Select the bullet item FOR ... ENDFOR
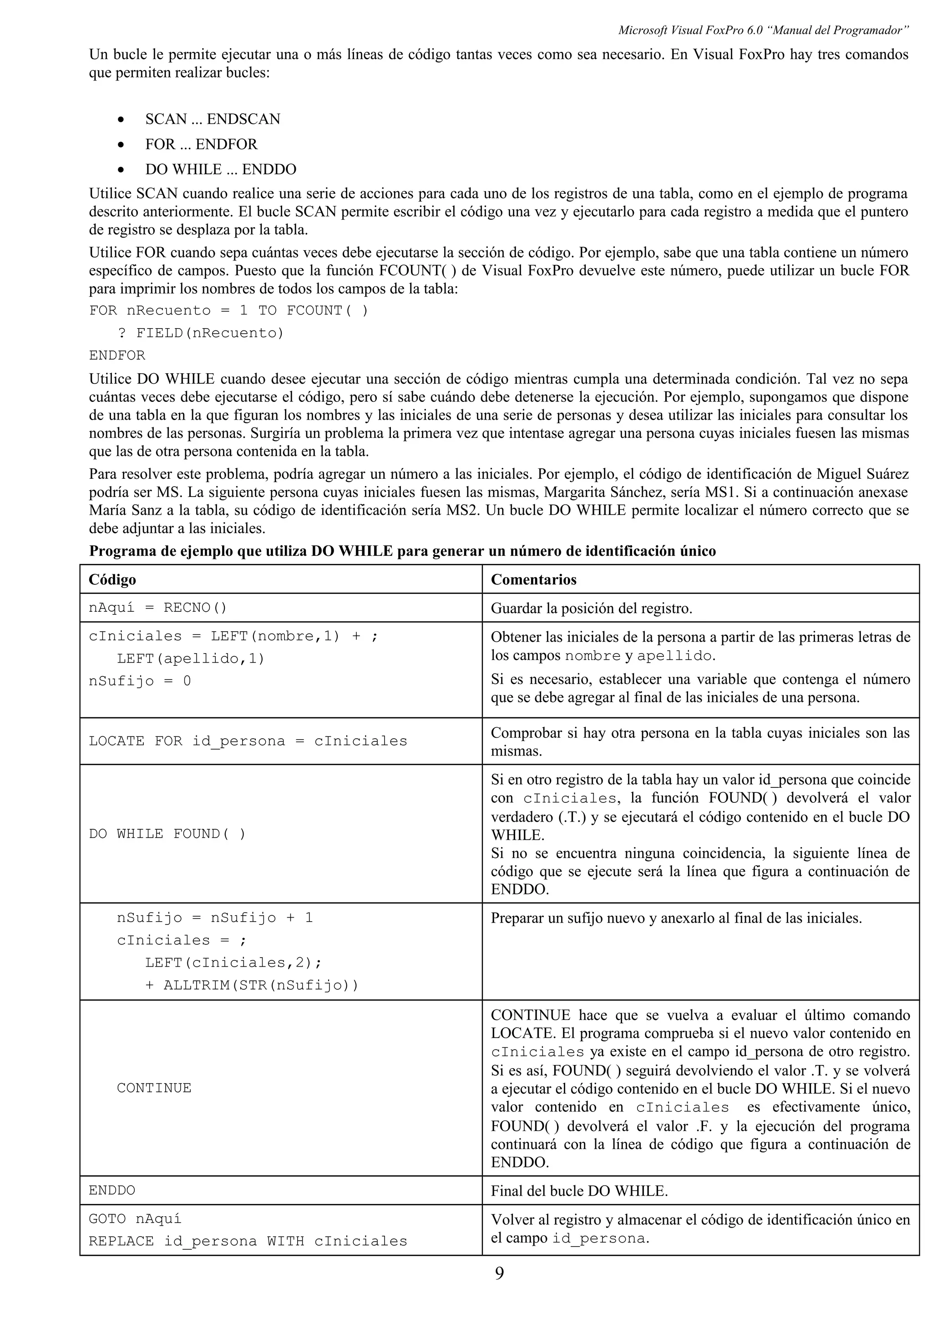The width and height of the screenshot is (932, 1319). pos(201,144)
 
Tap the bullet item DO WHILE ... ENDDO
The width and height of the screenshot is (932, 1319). pos(221,169)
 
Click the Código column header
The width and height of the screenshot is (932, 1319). pos(112,580)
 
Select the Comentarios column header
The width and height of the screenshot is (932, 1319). pos(533,580)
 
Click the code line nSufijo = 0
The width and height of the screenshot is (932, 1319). pos(140,681)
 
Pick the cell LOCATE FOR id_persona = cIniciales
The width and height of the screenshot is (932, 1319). pos(248,741)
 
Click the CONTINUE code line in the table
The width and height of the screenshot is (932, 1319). pos(154,1088)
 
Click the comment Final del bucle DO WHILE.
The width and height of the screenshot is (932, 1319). pos(579,1191)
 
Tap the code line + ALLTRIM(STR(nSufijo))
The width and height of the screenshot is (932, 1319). pos(252,985)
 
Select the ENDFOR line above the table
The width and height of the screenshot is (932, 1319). pos(117,355)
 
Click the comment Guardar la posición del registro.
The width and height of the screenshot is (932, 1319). pos(591,609)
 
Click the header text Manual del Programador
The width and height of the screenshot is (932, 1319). pos(837,30)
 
